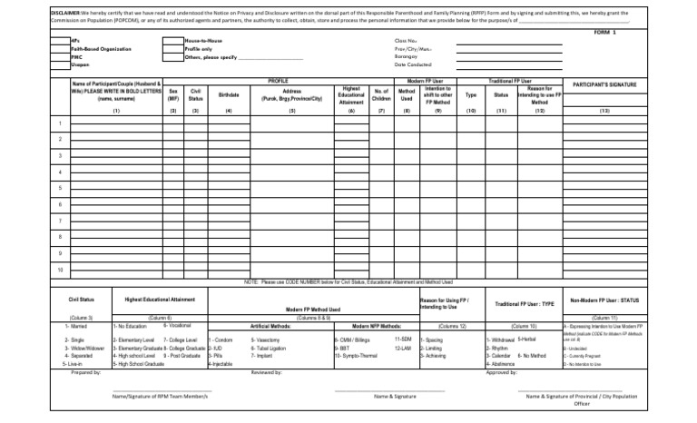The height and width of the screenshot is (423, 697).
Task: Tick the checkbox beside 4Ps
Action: coord(61,41)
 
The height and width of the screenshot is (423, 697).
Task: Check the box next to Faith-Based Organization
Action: coord(61,49)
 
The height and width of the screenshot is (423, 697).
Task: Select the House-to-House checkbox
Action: coord(172,41)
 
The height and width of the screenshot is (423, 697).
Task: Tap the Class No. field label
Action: coord(405,41)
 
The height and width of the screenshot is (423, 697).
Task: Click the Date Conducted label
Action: coord(413,64)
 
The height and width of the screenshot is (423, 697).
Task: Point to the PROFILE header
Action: coord(279,81)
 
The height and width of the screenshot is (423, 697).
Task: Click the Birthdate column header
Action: coord(228,94)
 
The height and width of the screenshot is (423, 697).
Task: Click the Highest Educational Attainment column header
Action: coord(351,94)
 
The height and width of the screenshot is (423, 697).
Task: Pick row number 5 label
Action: coord(60,188)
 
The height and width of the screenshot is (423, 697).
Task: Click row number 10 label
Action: coord(60,270)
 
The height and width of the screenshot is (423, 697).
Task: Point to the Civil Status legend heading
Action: coord(82,300)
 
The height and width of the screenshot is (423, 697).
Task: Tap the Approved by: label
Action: coord(501,372)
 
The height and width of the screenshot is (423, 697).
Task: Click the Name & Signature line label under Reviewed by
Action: coord(395,397)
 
